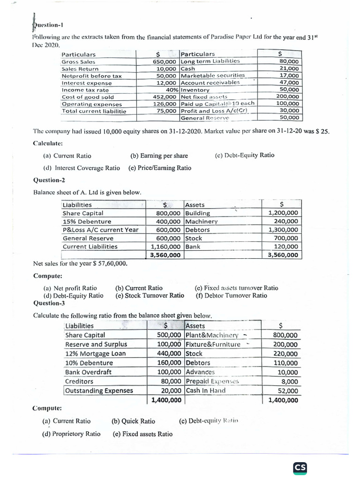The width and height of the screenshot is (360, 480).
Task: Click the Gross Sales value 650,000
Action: point(165,61)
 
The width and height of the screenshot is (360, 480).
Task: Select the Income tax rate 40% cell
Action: point(168,90)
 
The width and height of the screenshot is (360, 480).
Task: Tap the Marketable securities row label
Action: point(213,75)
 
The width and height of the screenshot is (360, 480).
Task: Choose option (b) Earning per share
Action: point(159,156)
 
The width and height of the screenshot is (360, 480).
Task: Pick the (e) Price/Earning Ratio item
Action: point(159,168)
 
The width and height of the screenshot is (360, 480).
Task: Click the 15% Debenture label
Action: point(87,222)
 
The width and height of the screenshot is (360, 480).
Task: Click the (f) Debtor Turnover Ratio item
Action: point(232,295)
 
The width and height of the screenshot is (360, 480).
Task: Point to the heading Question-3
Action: point(49,303)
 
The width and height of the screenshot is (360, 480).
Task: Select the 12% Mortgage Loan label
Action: point(96,354)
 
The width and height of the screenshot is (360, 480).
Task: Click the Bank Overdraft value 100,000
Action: point(168,372)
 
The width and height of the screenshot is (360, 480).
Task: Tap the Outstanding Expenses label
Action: point(99,390)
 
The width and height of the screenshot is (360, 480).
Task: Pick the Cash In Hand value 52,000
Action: point(288,390)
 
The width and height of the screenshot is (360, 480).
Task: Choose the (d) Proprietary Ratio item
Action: point(71,434)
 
